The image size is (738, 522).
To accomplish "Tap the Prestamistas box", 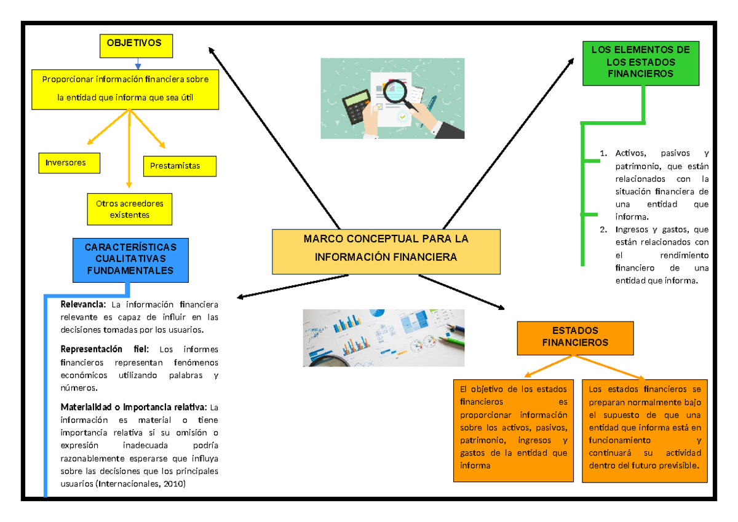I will (180, 166).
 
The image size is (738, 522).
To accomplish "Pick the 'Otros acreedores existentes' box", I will (129, 209).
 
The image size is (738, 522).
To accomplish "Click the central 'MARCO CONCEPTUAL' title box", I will (386, 251).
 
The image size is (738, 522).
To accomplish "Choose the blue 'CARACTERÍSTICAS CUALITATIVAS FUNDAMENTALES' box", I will (130, 259).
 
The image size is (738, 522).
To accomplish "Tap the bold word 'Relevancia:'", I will (83, 304).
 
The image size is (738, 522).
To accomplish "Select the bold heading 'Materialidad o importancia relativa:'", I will (134, 407).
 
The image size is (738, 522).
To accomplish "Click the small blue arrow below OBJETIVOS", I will (138, 63).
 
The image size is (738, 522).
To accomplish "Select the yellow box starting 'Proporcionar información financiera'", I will (125, 89).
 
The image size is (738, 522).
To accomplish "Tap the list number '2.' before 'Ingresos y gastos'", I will (603, 230).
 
